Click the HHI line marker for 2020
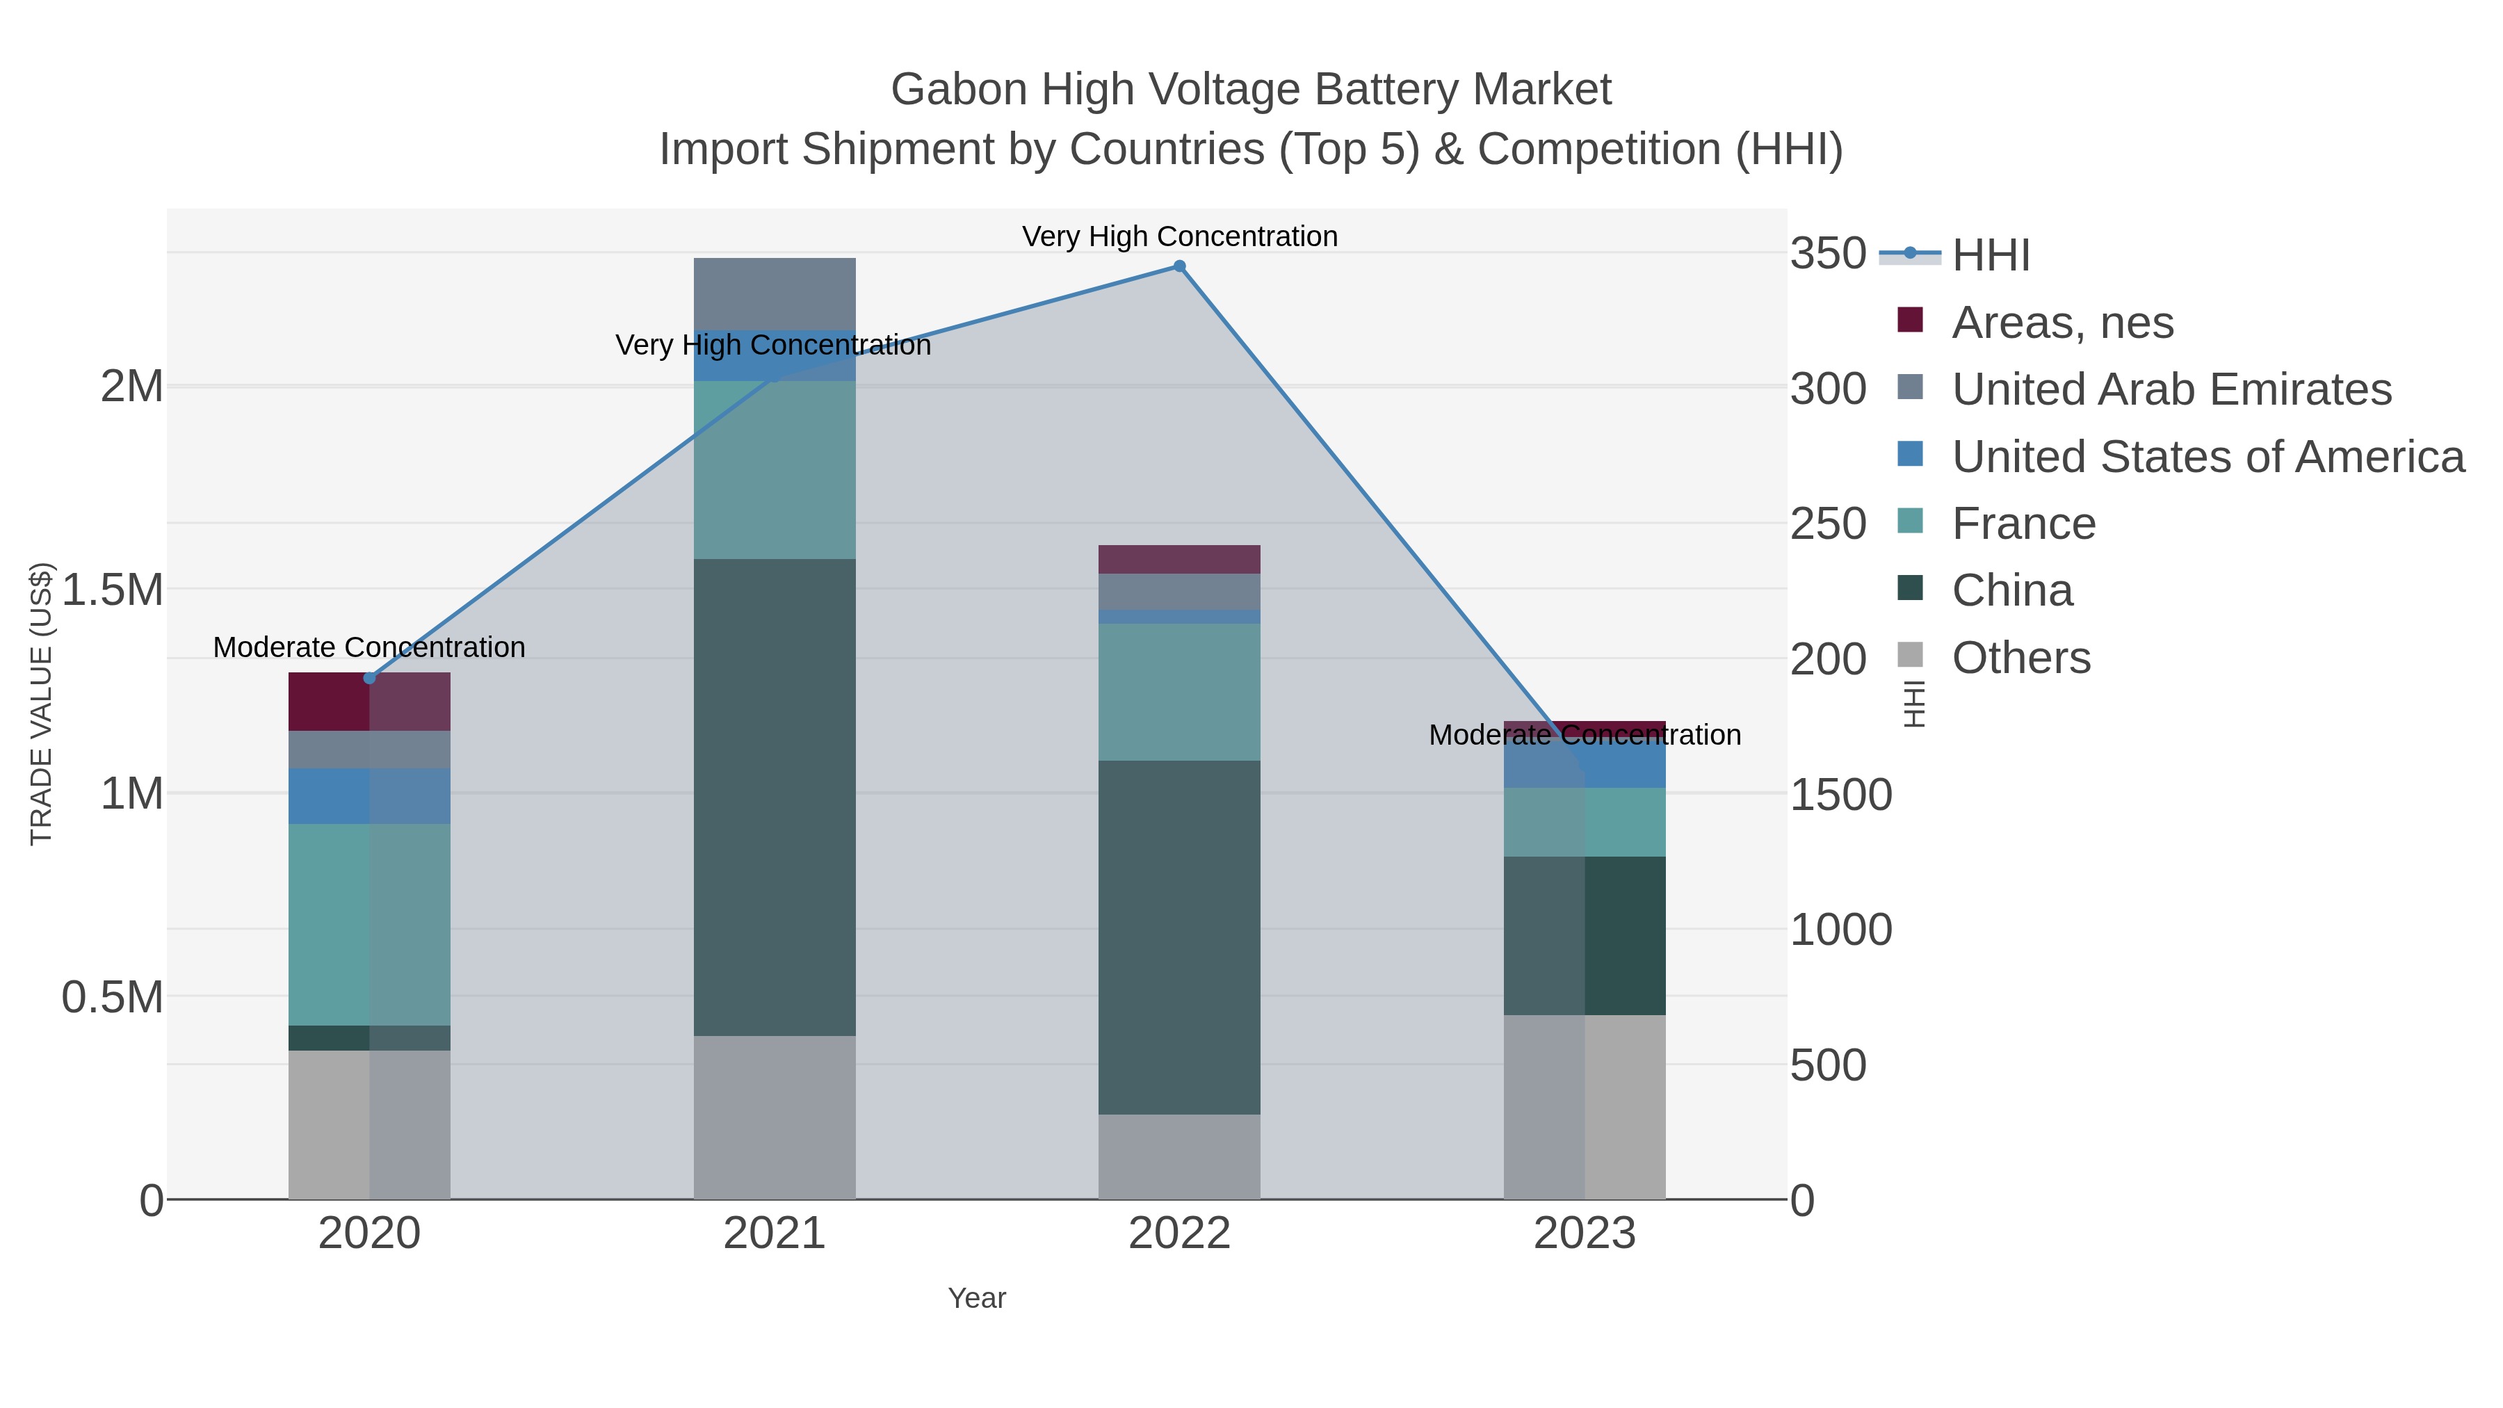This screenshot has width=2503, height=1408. tap(369, 678)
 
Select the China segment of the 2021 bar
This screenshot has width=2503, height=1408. tap(775, 797)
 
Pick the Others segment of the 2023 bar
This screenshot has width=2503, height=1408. tap(1584, 1107)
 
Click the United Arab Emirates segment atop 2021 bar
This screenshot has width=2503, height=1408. tap(775, 293)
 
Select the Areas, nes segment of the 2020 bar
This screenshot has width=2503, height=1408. tap(369, 702)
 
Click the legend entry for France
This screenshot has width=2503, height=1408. tap(2023, 524)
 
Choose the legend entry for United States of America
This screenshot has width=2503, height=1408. tap(2207, 457)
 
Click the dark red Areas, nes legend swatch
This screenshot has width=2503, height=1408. tap(1909, 320)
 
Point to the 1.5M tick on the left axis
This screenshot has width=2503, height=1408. tap(113, 590)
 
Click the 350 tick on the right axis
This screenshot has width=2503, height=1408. tap(1828, 254)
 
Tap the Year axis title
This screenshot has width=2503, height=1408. tap(977, 1298)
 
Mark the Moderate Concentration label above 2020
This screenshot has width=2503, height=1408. tap(369, 647)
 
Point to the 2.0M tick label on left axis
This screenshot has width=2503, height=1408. tap(132, 387)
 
